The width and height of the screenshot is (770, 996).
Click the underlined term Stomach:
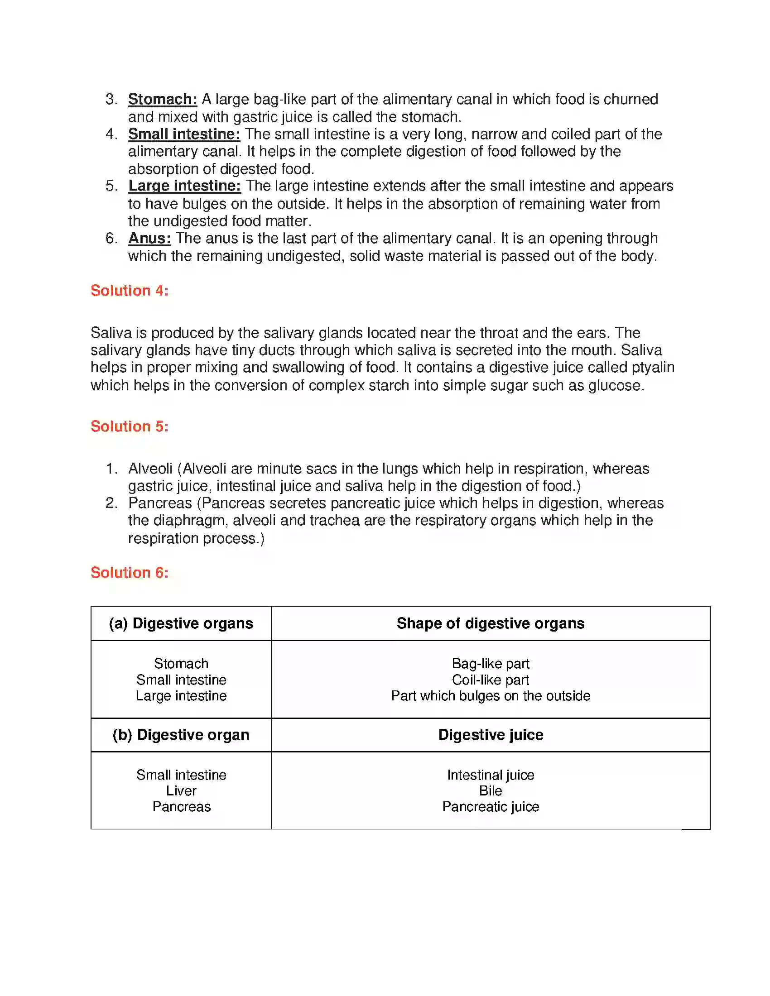tap(163, 99)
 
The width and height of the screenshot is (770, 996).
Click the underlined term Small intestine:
tap(184, 134)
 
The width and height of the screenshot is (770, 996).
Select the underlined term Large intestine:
tap(184, 186)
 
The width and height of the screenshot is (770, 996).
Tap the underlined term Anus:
tap(149, 238)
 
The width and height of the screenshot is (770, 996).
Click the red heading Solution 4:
tap(129, 291)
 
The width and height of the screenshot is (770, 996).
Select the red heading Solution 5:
tap(129, 426)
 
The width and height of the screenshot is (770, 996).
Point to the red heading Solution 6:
tap(129, 572)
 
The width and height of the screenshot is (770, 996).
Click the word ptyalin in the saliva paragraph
tap(653, 367)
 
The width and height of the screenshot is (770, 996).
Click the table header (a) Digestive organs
tap(181, 623)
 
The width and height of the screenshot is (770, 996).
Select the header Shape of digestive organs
tap(491, 623)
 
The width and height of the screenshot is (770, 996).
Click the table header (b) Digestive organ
tap(181, 735)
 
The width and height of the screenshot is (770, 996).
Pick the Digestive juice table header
tap(491, 735)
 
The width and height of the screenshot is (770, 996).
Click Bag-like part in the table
tap(491, 664)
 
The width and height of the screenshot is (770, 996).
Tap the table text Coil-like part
tap(491, 680)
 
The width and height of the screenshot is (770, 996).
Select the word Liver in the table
tap(181, 791)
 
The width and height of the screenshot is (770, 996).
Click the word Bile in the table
tap(491, 791)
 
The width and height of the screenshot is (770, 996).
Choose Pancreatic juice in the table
tap(491, 807)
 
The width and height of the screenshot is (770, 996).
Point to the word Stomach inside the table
tap(181, 664)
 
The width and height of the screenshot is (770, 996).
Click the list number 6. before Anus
tap(111, 238)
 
